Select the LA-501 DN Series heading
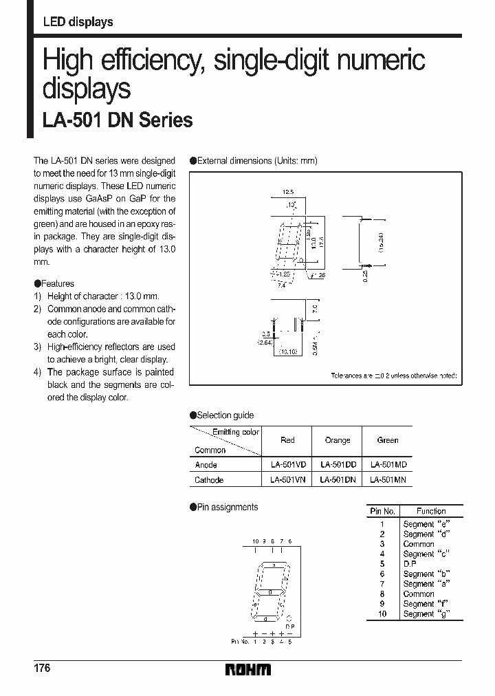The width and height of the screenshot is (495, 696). [x=118, y=120]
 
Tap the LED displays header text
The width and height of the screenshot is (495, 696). [x=78, y=22]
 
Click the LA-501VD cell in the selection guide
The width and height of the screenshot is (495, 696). [x=287, y=464]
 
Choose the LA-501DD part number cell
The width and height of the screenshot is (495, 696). [x=337, y=464]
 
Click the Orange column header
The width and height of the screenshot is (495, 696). [x=337, y=440]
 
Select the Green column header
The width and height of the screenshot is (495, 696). [x=388, y=440]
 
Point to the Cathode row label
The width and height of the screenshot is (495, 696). [x=209, y=480]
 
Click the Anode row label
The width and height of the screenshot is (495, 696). [x=206, y=465]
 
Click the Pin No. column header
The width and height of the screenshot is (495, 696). [x=383, y=512]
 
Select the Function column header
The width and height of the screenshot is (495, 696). [x=431, y=512]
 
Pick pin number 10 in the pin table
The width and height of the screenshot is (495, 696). [x=382, y=613]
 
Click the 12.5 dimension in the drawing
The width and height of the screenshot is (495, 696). [x=289, y=193]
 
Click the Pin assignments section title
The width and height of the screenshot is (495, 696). [x=227, y=507]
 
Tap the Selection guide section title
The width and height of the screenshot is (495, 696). [x=225, y=415]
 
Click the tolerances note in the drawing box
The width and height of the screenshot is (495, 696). [x=393, y=376]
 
